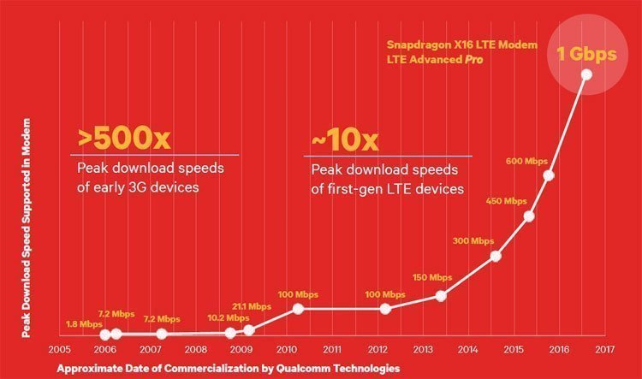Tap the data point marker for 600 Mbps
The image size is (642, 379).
549,175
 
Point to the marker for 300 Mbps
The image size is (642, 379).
496,256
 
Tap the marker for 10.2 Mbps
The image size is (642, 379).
230,333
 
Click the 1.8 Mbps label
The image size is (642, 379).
84,324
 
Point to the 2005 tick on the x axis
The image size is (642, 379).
58,350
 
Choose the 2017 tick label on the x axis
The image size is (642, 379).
605,350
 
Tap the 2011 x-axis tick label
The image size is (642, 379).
332,350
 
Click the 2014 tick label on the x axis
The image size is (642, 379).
468,350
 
